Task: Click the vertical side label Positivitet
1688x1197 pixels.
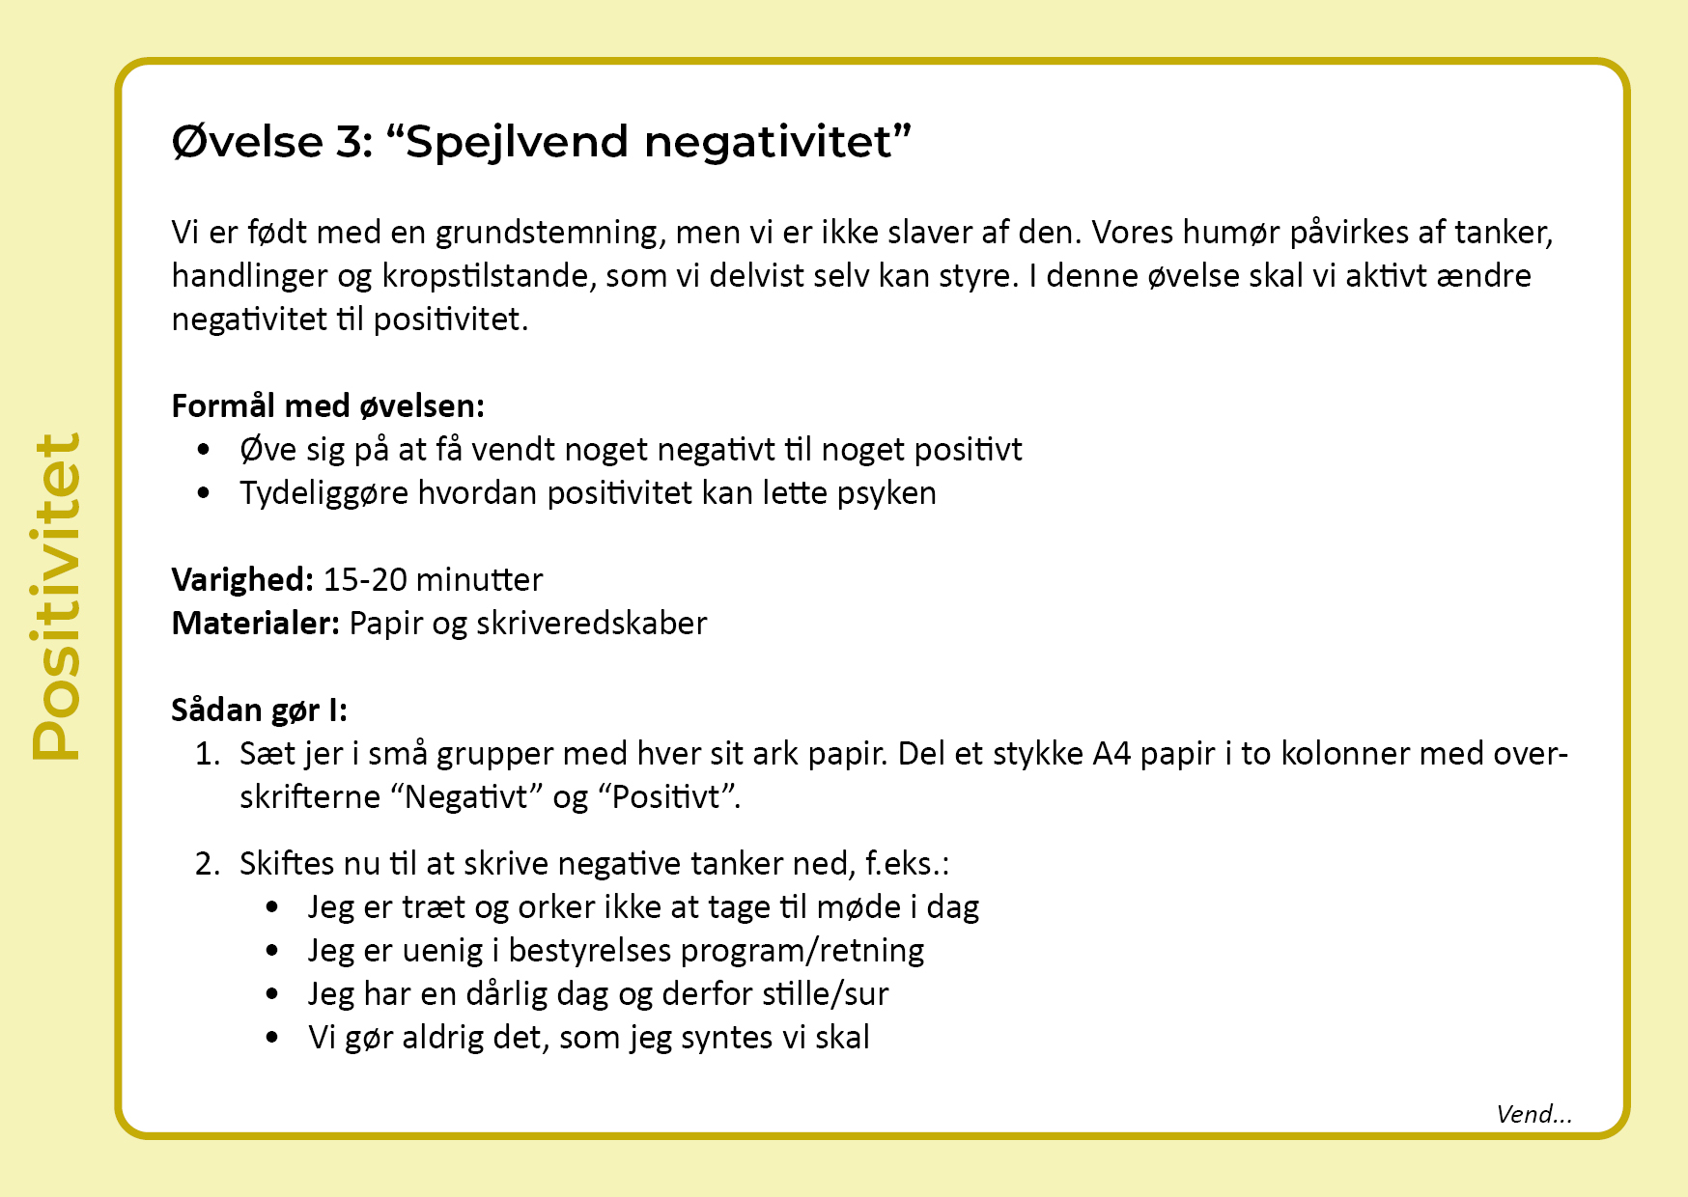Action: (56, 597)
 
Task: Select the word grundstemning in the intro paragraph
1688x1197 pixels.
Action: (547, 233)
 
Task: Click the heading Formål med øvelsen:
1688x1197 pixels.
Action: (327, 406)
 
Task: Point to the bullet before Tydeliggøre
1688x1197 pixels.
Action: (204, 493)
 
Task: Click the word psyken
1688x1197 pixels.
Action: (886, 494)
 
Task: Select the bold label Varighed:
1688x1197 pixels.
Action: (242, 580)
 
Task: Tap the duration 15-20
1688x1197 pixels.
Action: (365, 580)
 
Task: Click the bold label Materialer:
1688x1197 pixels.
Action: (255, 624)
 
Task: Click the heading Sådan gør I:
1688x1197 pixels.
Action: (259, 710)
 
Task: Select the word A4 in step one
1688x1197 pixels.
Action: (1111, 754)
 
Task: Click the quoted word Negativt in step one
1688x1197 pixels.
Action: (467, 798)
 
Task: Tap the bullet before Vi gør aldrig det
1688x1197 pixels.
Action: (272, 1038)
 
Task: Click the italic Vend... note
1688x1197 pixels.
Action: (1533, 1115)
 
